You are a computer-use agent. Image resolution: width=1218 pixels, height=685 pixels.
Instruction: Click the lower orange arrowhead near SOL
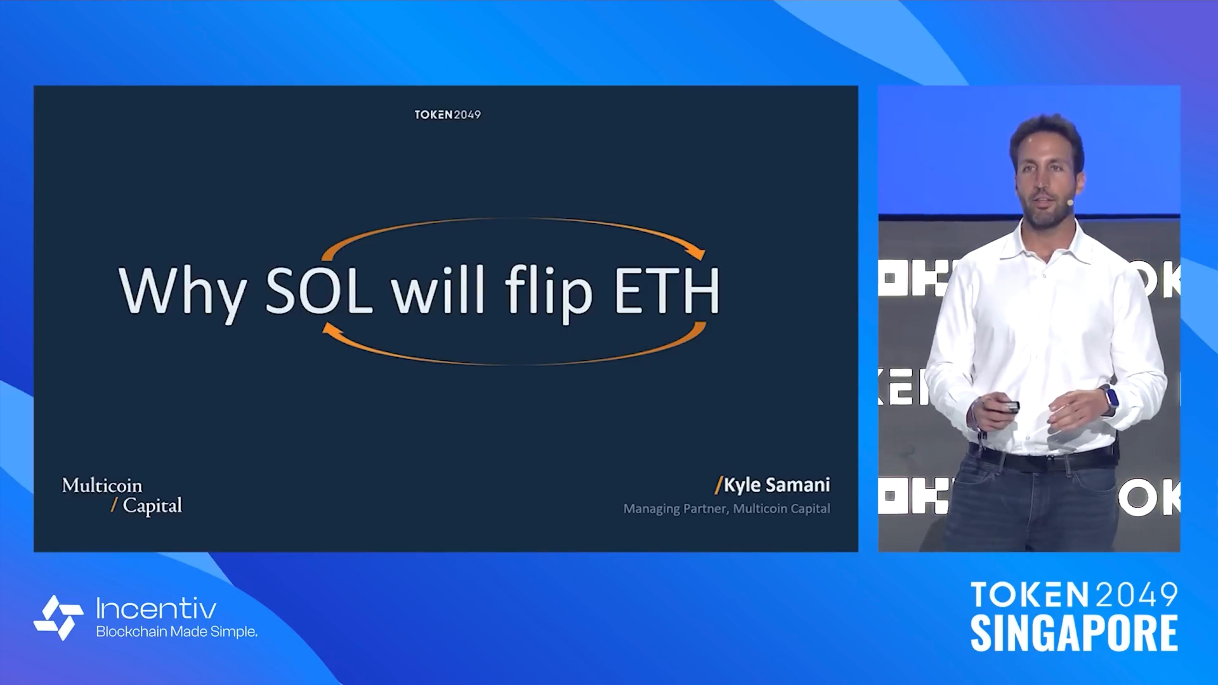pos(329,328)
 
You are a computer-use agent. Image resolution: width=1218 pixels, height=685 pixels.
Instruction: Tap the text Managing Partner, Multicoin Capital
pos(726,509)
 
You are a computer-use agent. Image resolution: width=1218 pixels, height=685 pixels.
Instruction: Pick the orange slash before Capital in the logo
pos(114,505)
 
